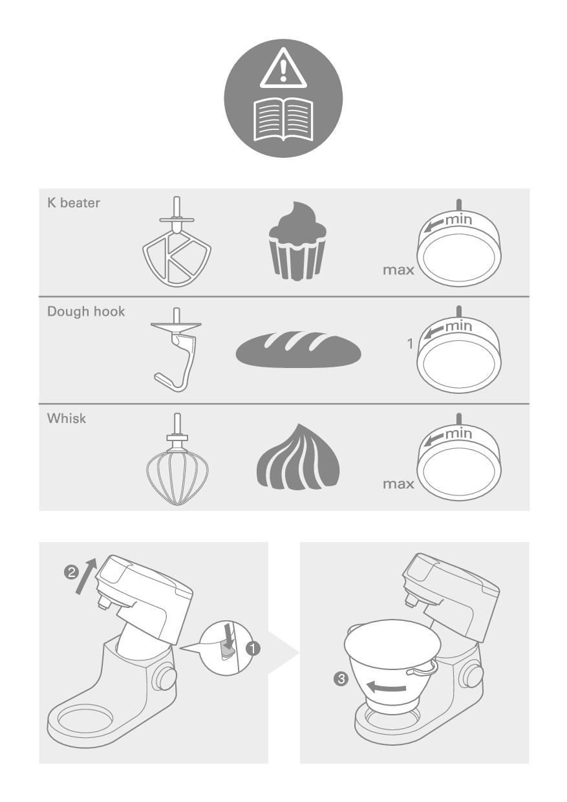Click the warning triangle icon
(283, 69)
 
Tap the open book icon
(283, 120)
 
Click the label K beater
(74, 202)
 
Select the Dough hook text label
(86, 312)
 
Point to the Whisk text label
(67, 418)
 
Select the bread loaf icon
(298, 349)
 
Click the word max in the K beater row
(398, 270)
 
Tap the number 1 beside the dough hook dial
(410, 344)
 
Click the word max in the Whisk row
(398, 484)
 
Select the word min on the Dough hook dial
(459, 326)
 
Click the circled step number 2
(71, 572)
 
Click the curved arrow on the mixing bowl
(386, 687)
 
